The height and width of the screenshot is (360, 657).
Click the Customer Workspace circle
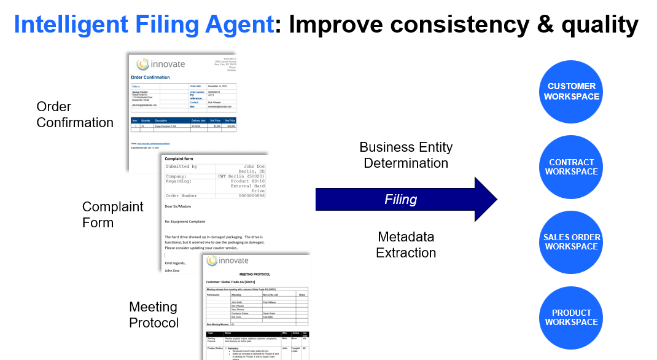pyautogui.click(x=572, y=92)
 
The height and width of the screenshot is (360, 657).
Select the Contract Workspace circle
pyautogui.click(x=572, y=166)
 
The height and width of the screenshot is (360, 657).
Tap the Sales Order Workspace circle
pyautogui.click(x=572, y=242)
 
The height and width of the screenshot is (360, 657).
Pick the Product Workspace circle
pyautogui.click(x=572, y=317)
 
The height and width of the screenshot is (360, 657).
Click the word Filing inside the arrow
pyautogui.click(x=400, y=199)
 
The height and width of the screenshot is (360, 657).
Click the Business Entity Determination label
pyautogui.click(x=405, y=155)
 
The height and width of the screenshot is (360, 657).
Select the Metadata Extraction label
pyautogui.click(x=405, y=245)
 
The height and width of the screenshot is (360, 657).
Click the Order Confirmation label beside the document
pyautogui.click(x=74, y=114)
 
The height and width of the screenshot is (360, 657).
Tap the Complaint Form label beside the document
pyautogui.click(x=112, y=214)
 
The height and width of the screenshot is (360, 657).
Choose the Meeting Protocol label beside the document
pyautogui.click(x=154, y=315)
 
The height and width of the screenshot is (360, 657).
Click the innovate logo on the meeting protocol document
pyautogui.click(x=228, y=260)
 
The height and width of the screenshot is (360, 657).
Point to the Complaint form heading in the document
pyautogui.click(x=179, y=158)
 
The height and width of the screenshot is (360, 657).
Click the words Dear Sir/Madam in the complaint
pyautogui.click(x=182, y=206)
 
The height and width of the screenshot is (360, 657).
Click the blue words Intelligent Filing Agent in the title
pyautogui.click(x=144, y=25)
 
